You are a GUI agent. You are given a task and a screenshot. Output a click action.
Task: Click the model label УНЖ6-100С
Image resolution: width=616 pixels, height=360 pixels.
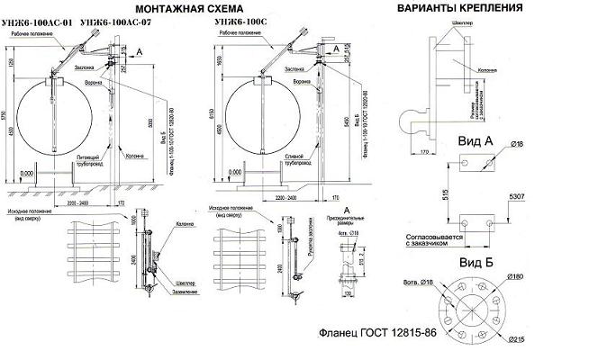(x=242, y=19)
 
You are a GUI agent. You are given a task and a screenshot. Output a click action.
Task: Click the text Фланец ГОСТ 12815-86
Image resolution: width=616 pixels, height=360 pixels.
(x=379, y=333)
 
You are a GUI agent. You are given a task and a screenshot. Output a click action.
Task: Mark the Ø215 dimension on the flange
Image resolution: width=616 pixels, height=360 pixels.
(x=517, y=339)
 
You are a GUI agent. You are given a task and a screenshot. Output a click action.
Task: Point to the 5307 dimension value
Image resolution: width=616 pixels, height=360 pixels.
(x=516, y=196)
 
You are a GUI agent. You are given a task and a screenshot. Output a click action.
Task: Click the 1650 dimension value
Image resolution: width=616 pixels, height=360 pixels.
(x=215, y=58)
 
